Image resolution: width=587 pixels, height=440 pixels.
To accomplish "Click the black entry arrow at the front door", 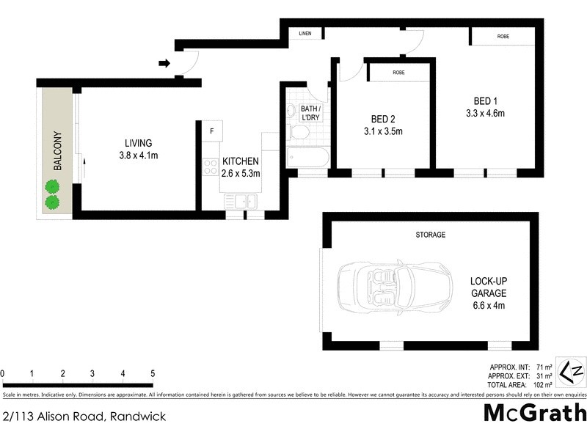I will (164, 63).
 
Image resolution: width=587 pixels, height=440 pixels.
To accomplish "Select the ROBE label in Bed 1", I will (503, 37).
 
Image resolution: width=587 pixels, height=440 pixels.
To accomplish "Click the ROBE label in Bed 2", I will (398, 73).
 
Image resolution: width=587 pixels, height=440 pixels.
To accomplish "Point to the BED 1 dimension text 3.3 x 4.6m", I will (485, 113).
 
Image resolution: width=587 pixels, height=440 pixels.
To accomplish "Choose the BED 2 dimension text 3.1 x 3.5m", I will (382, 132).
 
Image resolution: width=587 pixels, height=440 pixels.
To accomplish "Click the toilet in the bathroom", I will (299, 132).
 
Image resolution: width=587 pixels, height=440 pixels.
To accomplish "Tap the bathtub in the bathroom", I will (307, 158).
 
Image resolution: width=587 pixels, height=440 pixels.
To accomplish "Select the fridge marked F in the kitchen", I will (211, 131).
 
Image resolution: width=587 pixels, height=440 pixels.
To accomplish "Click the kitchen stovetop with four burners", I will (210, 166).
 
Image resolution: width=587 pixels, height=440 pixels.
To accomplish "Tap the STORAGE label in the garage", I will (431, 235).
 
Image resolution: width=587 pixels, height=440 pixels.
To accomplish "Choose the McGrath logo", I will (535, 412).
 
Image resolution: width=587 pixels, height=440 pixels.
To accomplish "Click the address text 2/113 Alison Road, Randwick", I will (84, 417).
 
